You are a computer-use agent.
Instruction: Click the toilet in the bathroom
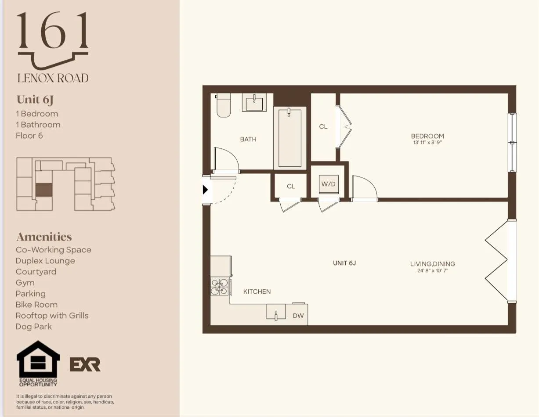click(x=223, y=107)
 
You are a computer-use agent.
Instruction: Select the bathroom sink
click(x=254, y=104)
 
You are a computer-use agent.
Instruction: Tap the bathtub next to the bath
click(x=290, y=138)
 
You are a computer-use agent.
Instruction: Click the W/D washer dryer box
click(x=328, y=184)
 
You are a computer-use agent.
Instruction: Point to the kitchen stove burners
click(x=219, y=287)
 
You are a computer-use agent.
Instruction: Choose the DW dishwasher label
click(x=298, y=316)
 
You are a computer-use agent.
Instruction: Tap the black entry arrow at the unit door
click(x=205, y=190)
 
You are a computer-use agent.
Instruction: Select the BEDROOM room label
click(x=427, y=136)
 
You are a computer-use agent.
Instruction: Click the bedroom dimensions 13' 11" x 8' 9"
click(x=427, y=142)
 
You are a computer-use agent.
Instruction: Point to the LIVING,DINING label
click(x=432, y=264)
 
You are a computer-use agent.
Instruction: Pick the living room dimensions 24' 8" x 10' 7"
click(x=432, y=270)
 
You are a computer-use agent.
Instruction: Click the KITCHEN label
click(x=257, y=291)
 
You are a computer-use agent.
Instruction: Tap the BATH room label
click(x=248, y=139)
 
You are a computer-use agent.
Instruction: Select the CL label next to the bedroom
click(x=323, y=126)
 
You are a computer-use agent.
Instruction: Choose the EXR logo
click(x=85, y=364)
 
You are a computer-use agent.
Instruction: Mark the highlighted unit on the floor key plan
click(x=43, y=190)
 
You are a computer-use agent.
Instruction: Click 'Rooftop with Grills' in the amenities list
click(x=52, y=316)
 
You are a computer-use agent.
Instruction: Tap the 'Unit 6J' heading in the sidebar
click(x=35, y=100)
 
